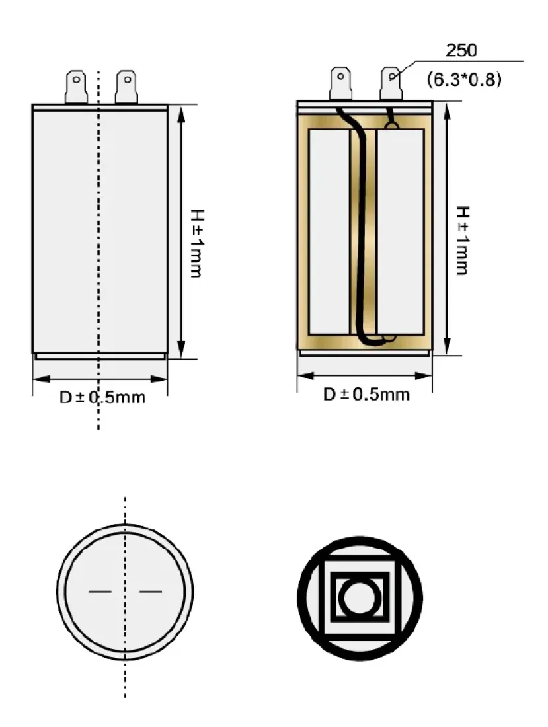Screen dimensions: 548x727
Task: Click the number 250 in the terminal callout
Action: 461,50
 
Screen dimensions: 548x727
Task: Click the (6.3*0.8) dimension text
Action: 464,79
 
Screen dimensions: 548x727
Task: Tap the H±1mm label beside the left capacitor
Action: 196,243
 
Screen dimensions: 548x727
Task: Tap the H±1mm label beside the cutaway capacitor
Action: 462,240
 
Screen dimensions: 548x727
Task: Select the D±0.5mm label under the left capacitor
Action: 102,397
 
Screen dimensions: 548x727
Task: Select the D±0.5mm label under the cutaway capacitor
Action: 367,395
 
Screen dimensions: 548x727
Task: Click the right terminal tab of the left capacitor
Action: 126,87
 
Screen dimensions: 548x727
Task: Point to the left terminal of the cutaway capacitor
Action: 340,83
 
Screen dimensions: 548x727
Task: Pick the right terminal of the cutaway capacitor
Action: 391,83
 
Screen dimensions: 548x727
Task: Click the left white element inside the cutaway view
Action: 329,232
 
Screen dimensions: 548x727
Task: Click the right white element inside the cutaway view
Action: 401,232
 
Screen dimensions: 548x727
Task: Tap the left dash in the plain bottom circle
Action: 100,591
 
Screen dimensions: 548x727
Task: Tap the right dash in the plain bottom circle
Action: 151,591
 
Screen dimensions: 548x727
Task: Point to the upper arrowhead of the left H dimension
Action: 181,114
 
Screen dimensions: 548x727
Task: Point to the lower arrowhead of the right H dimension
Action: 447,346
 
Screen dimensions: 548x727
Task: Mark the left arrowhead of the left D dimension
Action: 42,379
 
